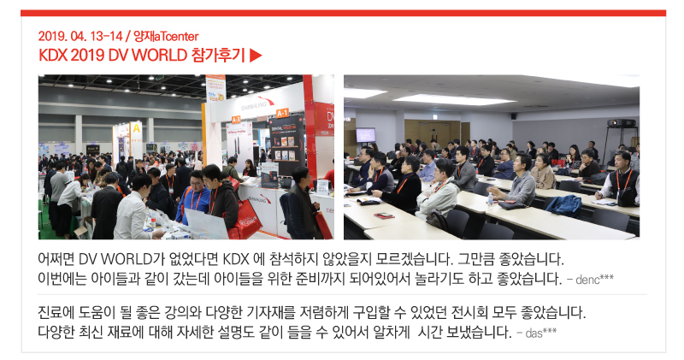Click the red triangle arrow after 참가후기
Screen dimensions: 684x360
point(256,56)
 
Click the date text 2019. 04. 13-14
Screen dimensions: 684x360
point(80,36)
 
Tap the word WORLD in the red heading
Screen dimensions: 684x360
point(159,56)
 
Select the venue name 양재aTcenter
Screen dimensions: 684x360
point(166,36)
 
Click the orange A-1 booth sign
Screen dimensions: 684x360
point(282,113)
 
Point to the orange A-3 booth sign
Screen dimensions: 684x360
point(236,119)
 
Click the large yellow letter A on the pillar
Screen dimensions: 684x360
point(136,128)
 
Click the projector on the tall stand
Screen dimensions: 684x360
point(622,123)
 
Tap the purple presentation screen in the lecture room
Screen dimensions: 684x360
point(366,135)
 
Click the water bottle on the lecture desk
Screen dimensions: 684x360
point(490,199)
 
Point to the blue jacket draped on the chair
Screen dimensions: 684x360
point(564,206)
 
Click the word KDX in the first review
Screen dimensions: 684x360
point(236,259)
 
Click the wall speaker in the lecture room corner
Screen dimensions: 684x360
point(514,116)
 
